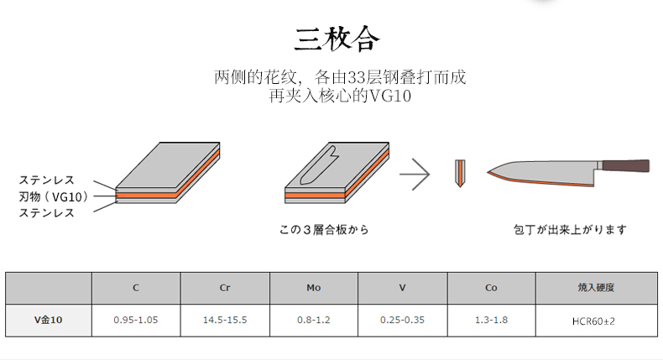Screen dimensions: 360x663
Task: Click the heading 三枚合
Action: (337, 39)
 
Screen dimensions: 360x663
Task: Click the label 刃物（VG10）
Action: (53, 197)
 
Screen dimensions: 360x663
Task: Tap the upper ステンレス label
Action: (47, 180)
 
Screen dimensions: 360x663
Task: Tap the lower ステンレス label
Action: (47, 213)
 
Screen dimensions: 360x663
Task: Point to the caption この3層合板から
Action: (324, 229)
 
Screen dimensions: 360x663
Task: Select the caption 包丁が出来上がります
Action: (570, 229)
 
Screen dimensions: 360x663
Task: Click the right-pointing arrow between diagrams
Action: (414, 175)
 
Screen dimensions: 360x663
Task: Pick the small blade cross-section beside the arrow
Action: (459, 173)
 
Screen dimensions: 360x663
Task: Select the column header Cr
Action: (225, 288)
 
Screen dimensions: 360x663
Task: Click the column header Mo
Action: (314, 288)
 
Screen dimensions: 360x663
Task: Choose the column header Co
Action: (491, 288)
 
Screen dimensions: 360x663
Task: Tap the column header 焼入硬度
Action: (597, 288)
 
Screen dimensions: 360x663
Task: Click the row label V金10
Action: (48, 320)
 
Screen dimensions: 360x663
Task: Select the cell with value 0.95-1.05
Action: (136, 320)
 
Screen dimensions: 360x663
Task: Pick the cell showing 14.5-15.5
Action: (225, 320)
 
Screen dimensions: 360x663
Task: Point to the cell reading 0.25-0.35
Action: (403, 320)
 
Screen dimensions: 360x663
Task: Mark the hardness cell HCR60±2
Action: (597, 321)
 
